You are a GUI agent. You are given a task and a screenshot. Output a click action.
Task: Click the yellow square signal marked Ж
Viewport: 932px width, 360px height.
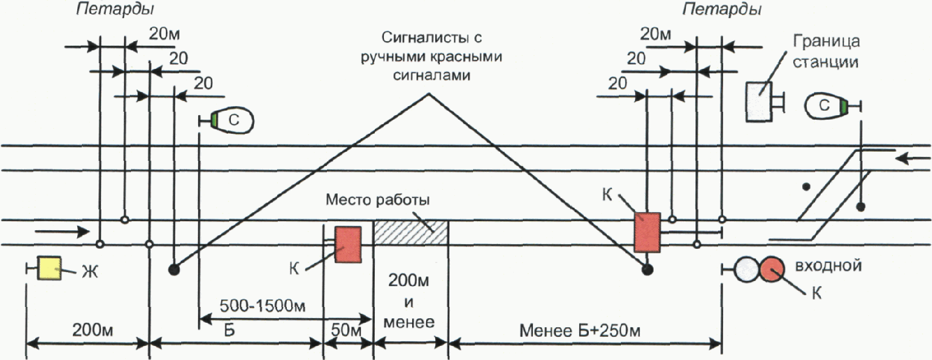coord(49,268)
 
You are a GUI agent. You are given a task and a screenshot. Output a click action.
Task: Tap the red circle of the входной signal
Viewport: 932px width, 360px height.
coord(772,270)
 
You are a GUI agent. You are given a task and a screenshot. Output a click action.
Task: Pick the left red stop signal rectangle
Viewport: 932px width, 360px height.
coord(349,244)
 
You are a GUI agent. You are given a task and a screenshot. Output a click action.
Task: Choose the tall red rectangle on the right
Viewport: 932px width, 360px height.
coord(647,232)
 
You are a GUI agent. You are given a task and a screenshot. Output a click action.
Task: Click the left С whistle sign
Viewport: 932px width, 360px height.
coord(233,120)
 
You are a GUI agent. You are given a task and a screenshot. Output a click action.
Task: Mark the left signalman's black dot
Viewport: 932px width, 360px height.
coord(174,270)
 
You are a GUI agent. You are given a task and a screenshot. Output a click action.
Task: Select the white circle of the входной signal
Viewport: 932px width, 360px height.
coord(746,270)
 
